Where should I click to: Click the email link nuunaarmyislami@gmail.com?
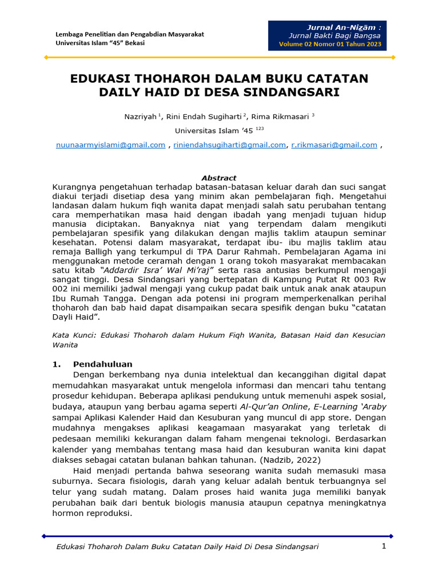(x=110, y=145)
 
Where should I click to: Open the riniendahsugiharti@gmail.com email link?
(x=229, y=145)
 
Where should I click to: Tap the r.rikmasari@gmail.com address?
(x=334, y=145)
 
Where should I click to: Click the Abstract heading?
(x=219, y=178)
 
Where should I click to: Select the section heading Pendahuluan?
(x=102, y=364)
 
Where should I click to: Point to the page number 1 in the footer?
(x=385, y=547)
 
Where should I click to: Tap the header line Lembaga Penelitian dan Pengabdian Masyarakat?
(x=129, y=34)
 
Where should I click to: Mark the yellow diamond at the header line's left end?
(x=46, y=57)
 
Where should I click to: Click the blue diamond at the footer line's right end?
(x=391, y=536)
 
